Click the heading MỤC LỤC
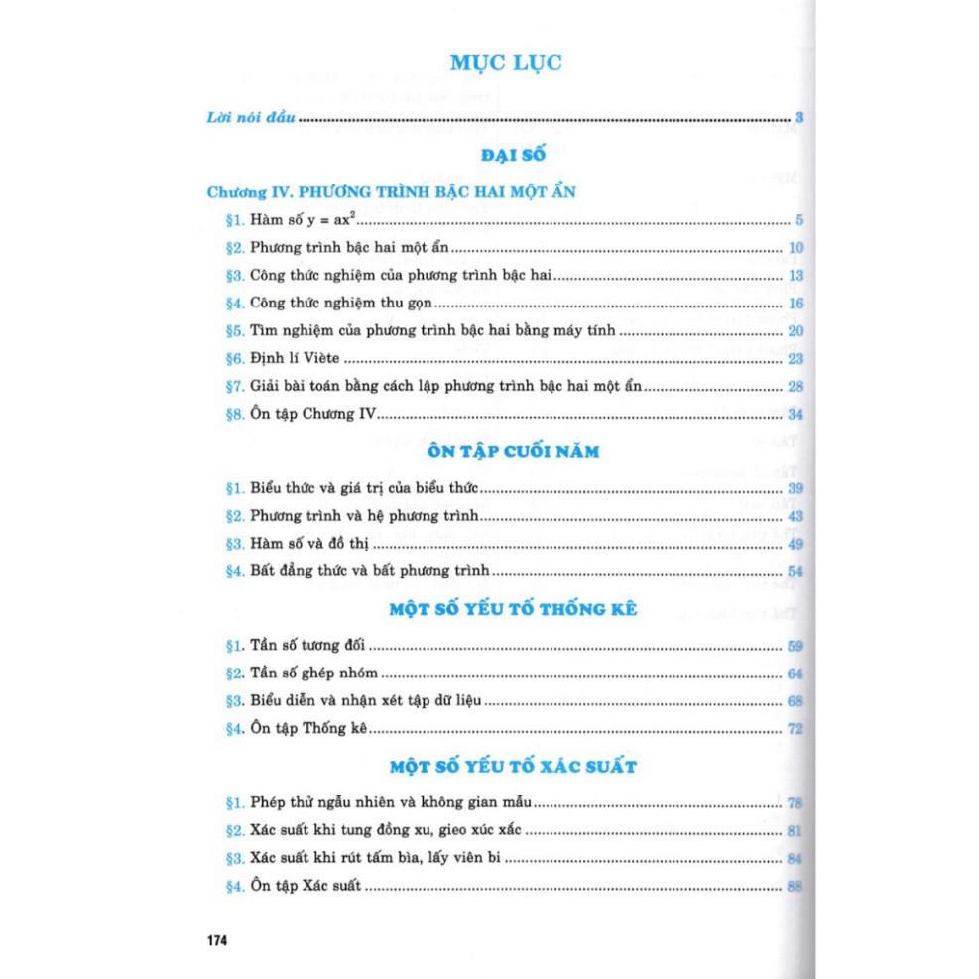[506, 62]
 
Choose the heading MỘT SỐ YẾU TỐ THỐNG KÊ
[512, 608]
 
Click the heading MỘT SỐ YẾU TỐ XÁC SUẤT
[512, 766]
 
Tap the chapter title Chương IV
[391, 190]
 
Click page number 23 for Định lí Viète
[795, 359]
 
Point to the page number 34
[795, 414]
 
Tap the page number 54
[795, 571]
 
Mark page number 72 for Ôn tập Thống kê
[795, 729]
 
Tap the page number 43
[795, 516]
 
